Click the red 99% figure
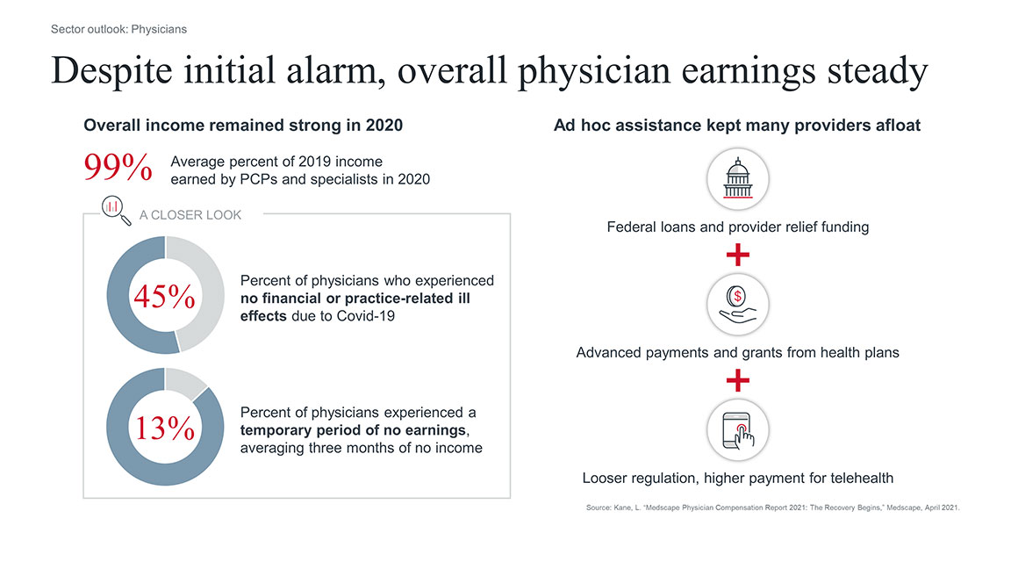coord(118,169)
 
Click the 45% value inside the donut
coord(164,297)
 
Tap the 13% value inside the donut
coord(164,429)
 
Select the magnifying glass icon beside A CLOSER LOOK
coord(115,209)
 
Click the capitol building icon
coord(737,179)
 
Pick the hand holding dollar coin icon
coord(737,305)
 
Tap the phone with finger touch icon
coord(737,430)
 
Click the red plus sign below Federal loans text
coord(737,256)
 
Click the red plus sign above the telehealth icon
coord(737,380)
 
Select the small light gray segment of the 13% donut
coord(185,382)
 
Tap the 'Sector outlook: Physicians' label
coord(118,29)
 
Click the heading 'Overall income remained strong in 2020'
coord(243,126)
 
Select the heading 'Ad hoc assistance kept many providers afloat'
coord(737,126)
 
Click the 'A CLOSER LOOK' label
coord(190,214)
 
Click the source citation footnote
coord(772,508)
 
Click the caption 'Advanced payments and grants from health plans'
coord(737,353)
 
